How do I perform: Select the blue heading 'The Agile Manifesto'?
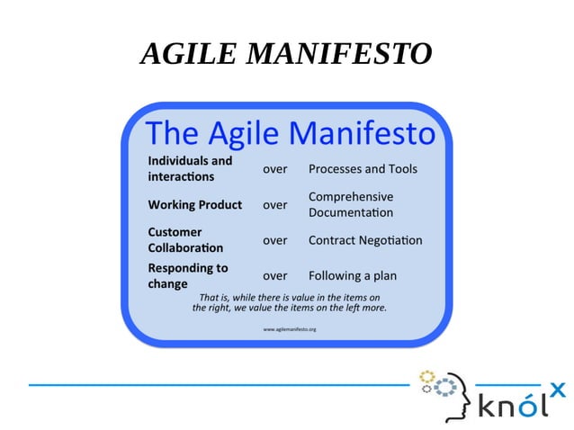coord(289,133)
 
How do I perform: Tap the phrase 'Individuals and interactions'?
coord(190,168)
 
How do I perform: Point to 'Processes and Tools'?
coord(363,169)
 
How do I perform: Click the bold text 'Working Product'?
coord(194,204)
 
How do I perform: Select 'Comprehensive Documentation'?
coord(351,204)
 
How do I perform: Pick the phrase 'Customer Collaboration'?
coord(185,239)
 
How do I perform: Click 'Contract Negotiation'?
coord(364,240)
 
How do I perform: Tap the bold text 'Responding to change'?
coord(187,275)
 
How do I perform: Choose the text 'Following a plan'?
coord(352,276)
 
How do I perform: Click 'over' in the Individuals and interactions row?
coord(274,169)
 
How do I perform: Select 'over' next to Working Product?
coord(274,205)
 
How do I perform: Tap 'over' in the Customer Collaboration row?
coord(274,240)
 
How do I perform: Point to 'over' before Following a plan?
coord(274,276)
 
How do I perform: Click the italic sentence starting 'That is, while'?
coord(289,302)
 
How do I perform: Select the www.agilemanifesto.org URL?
coord(289,329)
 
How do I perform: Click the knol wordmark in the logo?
coord(513,405)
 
